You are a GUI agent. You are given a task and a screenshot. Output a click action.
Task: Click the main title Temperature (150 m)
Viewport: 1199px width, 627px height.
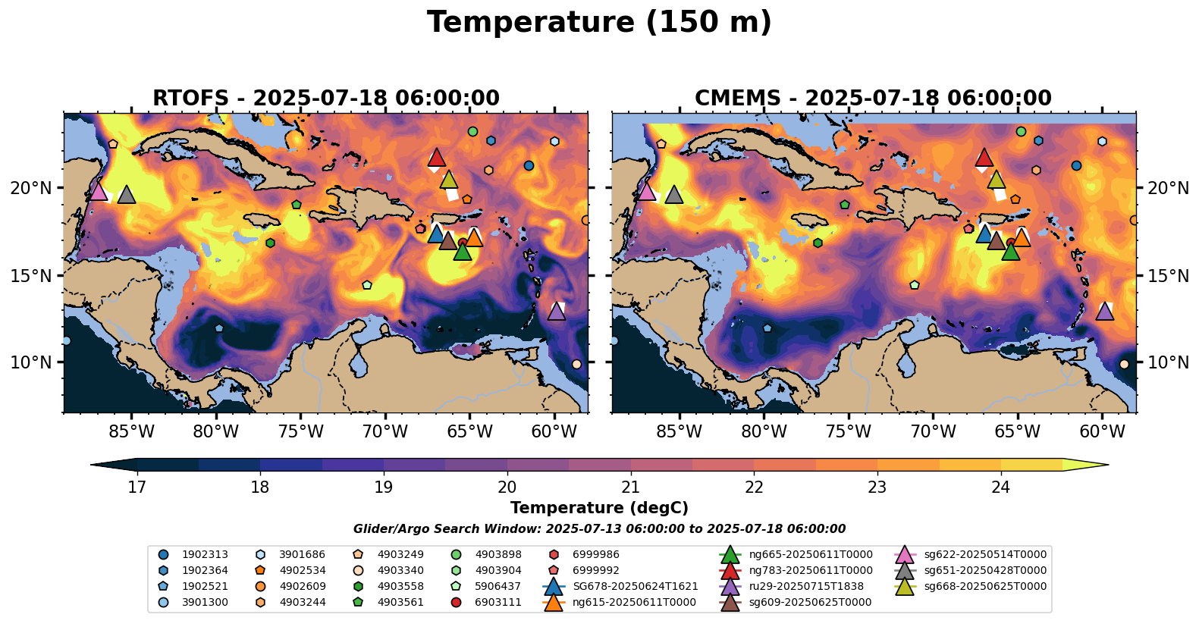pyautogui.click(x=599, y=23)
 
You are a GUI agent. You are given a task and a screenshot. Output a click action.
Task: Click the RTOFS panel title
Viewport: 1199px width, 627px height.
pyautogui.click(x=326, y=99)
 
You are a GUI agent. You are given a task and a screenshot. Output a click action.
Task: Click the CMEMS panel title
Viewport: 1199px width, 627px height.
pyautogui.click(x=873, y=99)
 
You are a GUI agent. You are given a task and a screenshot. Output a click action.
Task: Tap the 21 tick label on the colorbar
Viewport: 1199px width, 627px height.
pyautogui.click(x=630, y=487)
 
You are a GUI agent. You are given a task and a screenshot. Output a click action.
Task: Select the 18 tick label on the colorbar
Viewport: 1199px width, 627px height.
pyautogui.click(x=260, y=487)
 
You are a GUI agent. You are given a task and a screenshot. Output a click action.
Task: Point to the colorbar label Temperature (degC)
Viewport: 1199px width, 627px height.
pyautogui.click(x=599, y=508)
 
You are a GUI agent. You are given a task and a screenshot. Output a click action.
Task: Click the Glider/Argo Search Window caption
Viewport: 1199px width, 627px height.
pyautogui.click(x=599, y=529)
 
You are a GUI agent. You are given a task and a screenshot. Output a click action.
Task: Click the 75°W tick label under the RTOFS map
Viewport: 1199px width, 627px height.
pyautogui.click(x=301, y=432)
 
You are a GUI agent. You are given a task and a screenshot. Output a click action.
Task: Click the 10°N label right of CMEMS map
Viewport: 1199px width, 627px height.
pyautogui.click(x=1169, y=362)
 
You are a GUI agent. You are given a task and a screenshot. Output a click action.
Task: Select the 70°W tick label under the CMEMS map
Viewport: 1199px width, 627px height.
pyautogui.click(x=933, y=432)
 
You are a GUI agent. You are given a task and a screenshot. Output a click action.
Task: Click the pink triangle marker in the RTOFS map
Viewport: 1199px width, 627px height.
pyautogui.click(x=98, y=191)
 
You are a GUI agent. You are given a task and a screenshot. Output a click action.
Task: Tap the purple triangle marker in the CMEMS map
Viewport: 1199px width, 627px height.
pyautogui.click(x=1104, y=311)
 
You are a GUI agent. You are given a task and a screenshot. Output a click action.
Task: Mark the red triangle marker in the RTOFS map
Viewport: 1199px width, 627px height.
pyautogui.click(x=436, y=158)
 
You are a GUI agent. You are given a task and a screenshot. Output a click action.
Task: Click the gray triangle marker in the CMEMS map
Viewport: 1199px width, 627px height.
pyautogui.click(x=673, y=195)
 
